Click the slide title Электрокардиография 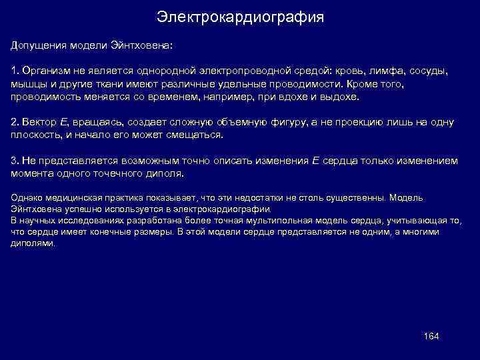(240, 17)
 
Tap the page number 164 (431, 335)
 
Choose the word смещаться (198, 135)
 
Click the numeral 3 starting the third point (14, 161)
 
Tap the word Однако (25, 198)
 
